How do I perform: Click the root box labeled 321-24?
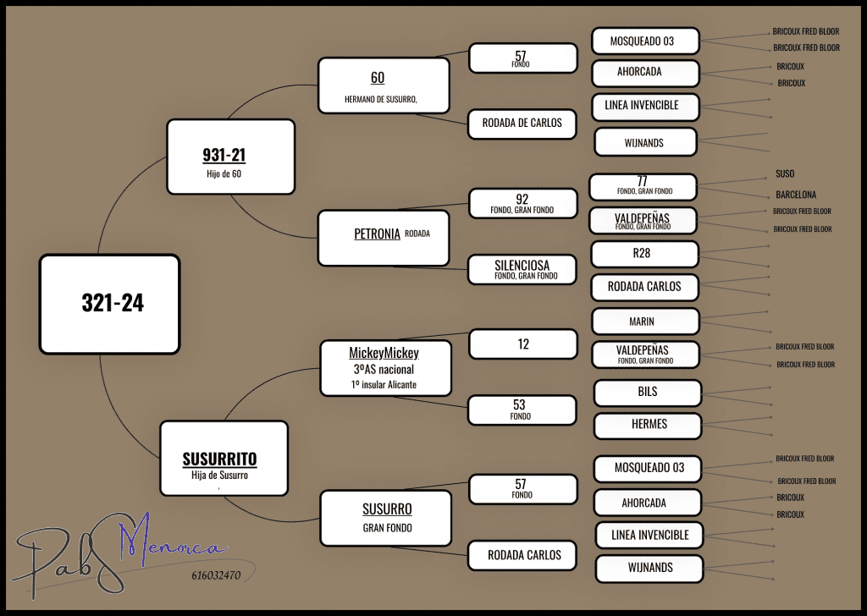109,304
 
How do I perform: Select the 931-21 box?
230,157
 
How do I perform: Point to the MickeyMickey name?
384,353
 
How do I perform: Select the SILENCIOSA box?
522,269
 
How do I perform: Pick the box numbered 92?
522,203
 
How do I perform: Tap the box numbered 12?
522,344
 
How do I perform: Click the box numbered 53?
522,410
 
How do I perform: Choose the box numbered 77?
643,186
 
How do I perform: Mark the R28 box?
644,253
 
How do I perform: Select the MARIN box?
645,322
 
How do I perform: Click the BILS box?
648,393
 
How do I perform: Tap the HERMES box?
648,425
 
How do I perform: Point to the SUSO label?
785,174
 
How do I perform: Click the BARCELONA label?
796,195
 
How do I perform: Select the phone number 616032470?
211,576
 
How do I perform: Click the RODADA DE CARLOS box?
522,123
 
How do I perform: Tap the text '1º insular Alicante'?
384,385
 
